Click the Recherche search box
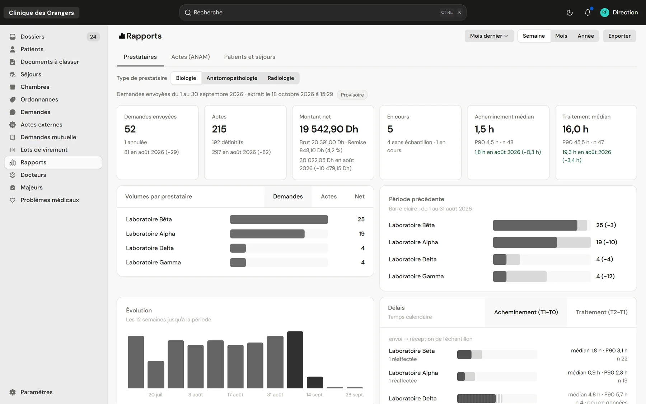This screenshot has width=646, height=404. (323, 13)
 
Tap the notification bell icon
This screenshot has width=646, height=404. (588, 13)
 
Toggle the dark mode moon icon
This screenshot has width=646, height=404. (570, 13)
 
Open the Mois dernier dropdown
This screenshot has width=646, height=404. (489, 36)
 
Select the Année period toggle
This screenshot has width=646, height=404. (586, 36)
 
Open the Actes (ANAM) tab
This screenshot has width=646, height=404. (191, 57)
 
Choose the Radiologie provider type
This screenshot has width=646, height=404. (281, 78)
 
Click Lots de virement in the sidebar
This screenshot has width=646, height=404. (44, 150)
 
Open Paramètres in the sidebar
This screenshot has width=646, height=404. (36, 392)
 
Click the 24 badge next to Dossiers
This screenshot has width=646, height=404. (93, 37)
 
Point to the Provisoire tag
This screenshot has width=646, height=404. (352, 95)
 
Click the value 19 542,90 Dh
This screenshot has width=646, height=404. (329, 129)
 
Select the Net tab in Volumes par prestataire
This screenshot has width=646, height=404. (359, 196)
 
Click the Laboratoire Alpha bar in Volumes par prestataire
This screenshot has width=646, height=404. (267, 234)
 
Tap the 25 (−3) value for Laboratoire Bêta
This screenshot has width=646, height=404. (606, 225)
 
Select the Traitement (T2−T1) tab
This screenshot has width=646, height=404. (601, 312)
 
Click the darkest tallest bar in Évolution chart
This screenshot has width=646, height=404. (295, 359)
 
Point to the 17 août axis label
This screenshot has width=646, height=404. (235, 395)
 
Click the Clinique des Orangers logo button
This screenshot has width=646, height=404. (41, 13)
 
